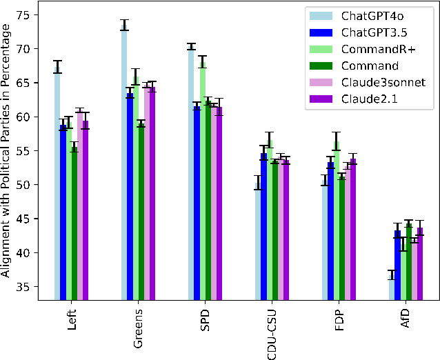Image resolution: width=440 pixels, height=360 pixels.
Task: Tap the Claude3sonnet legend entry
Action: click(372, 82)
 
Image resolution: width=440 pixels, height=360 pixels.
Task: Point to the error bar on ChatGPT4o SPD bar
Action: click(191, 47)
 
